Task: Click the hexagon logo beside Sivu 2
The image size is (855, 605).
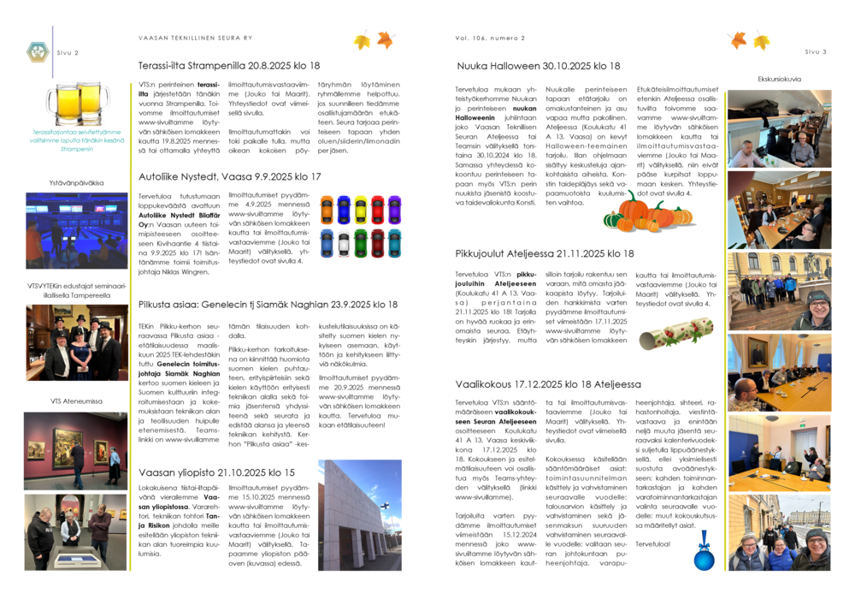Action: (37, 52)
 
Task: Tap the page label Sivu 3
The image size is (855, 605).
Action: (815, 52)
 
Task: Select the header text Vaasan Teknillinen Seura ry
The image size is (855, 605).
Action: (195, 38)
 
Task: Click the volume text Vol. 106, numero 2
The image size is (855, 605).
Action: (490, 38)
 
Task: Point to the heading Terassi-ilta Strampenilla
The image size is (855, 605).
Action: (229, 65)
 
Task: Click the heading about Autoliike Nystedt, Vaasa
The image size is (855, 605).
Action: (230, 176)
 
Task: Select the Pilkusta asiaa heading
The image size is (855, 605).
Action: (268, 304)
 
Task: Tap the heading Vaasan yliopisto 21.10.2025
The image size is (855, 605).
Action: (216, 472)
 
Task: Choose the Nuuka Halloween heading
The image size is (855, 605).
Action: (539, 66)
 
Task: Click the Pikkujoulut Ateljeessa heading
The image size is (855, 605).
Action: (545, 253)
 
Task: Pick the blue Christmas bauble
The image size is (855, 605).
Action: (704, 556)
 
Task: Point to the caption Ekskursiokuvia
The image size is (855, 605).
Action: (779, 79)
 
